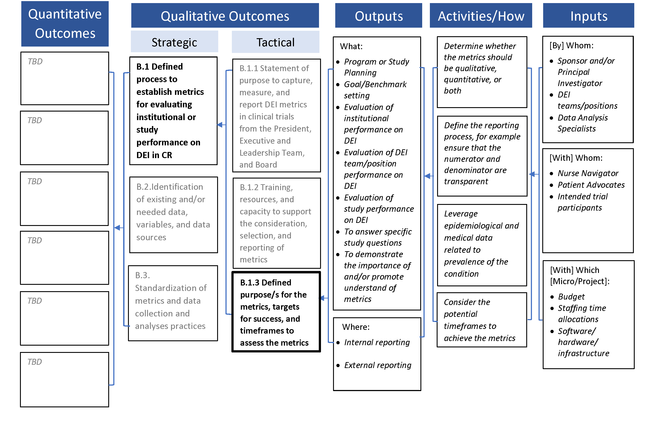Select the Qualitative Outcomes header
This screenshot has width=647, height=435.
click(225, 16)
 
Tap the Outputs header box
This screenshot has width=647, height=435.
click(378, 16)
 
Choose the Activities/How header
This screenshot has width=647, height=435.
click(481, 16)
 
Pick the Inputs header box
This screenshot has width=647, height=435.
click(588, 16)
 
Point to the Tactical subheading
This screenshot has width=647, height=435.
click(275, 42)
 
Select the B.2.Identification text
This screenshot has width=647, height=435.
click(169, 187)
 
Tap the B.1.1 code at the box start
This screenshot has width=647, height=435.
click(249, 68)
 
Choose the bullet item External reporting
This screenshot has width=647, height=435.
click(377, 365)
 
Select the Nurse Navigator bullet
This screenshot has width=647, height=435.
click(588, 173)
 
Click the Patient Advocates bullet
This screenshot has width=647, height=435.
click(591, 185)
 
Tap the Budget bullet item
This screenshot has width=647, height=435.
click(571, 297)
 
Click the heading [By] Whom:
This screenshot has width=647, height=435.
click(571, 45)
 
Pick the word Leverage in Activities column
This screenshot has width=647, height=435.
click(461, 214)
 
